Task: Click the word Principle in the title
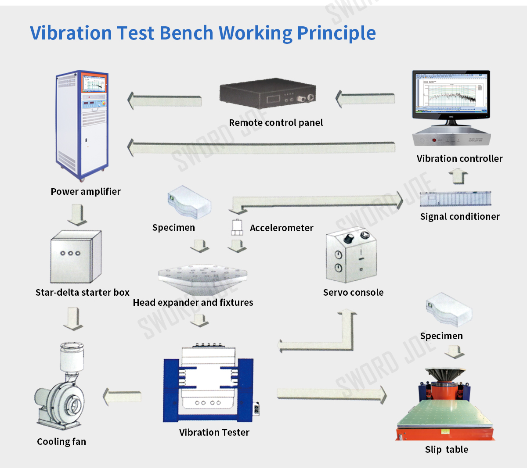click(x=336, y=33)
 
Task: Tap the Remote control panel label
click(x=276, y=123)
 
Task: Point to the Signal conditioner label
click(x=460, y=217)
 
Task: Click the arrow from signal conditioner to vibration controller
click(x=458, y=176)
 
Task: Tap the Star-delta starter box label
click(x=83, y=293)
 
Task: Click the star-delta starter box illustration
click(x=76, y=257)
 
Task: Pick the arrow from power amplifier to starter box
click(x=77, y=215)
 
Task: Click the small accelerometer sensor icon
click(x=237, y=227)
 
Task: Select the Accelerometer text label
click(x=282, y=228)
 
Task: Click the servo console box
click(x=351, y=257)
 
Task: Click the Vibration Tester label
click(x=214, y=433)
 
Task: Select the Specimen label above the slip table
click(x=441, y=336)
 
